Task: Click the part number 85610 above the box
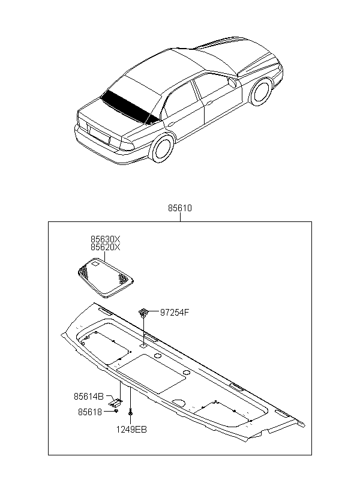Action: pos(179,209)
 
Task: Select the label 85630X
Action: pos(106,239)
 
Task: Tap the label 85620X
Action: pos(106,247)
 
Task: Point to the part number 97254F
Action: pos(175,313)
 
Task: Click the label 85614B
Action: pos(89,396)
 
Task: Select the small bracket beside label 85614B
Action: pos(116,402)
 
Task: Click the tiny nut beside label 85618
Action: pos(116,411)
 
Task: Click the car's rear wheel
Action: pos(161,149)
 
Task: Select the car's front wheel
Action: pos(261,93)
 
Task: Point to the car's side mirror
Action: pos(232,83)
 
